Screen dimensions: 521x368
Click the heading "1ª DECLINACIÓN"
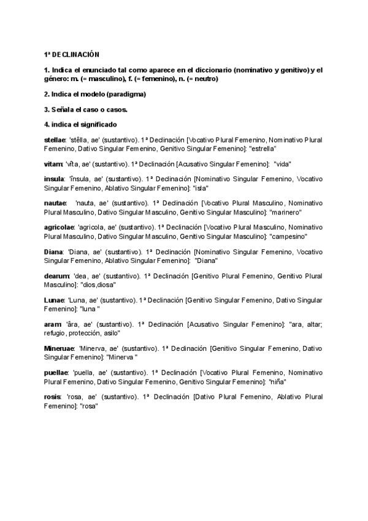pyautogui.click(x=72, y=55)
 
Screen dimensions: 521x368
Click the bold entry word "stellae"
pyautogui.click(x=56, y=140)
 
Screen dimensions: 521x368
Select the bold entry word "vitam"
pyautogui.click(x=54, y=164)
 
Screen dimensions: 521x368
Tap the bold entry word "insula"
pyautogui.click(x=55, y=179)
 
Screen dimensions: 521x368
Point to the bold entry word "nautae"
pyautogui.click(x=55, y=203)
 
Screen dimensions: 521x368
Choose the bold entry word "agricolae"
pyautogui.click(x=59, y=227)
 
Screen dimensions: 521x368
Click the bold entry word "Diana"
pyautogui.click(x=53, y=251)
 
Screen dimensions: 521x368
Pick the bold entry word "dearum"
pyautogui.click(x=56, y=276)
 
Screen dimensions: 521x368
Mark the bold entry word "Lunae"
pyautogui.click(x=55, y=300)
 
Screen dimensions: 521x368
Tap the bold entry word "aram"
pyautogui.click(x=53, y=324)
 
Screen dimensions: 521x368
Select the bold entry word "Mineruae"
pyautogui.click(x=59, y=348)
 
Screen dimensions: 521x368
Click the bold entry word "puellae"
pyautogui.click(x=56, y=372)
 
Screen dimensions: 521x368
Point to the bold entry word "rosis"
pyautogui.click(x=53, y=396)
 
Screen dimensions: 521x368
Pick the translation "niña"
pyautogui.click(x=278, y=382)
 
